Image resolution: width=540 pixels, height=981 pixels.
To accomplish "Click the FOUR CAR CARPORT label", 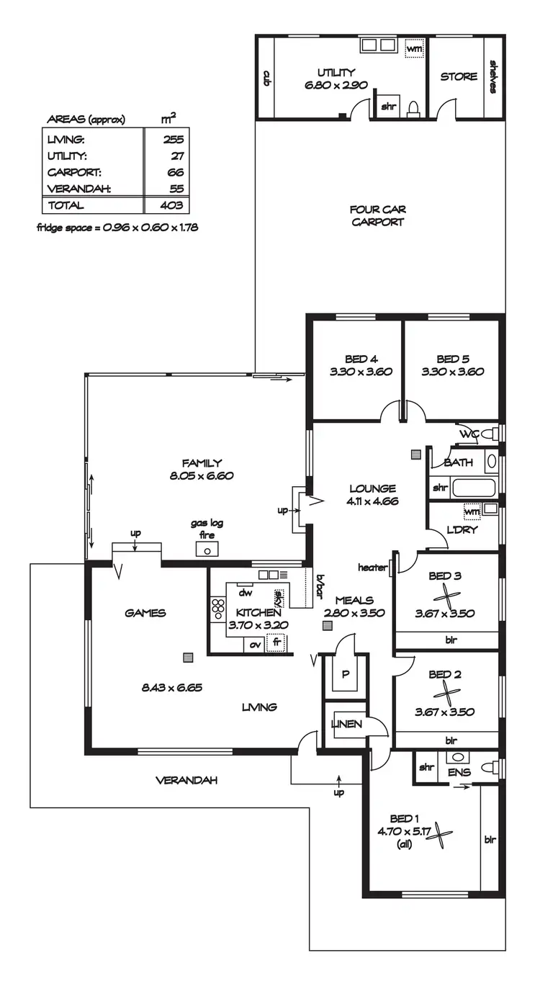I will tap(377, 215).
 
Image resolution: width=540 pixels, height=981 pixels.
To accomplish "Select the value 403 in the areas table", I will tap(173, 205).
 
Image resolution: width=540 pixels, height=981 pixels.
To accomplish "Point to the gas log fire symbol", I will tap(207, 550).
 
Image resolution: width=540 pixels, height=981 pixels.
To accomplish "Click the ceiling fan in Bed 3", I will tap(446, 596).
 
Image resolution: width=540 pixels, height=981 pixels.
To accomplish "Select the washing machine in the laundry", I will tap(472, 511).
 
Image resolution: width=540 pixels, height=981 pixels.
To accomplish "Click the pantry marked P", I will tap(346, 675).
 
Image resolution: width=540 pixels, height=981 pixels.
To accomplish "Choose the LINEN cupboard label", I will tap(346, 724).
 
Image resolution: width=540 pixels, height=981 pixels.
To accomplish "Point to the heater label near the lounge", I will tap(372, 568).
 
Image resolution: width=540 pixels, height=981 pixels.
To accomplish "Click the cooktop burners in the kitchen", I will tap(217, 609).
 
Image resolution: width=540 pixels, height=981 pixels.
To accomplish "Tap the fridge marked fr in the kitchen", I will tap(275, 642).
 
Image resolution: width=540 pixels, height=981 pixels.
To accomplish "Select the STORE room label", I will tap(459, 76).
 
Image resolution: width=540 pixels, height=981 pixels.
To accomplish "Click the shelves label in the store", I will tap(494, 76).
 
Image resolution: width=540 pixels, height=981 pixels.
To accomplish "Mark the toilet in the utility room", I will tap(413, 108).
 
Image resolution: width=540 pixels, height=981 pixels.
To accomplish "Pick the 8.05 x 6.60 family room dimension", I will tap(202, 476).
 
